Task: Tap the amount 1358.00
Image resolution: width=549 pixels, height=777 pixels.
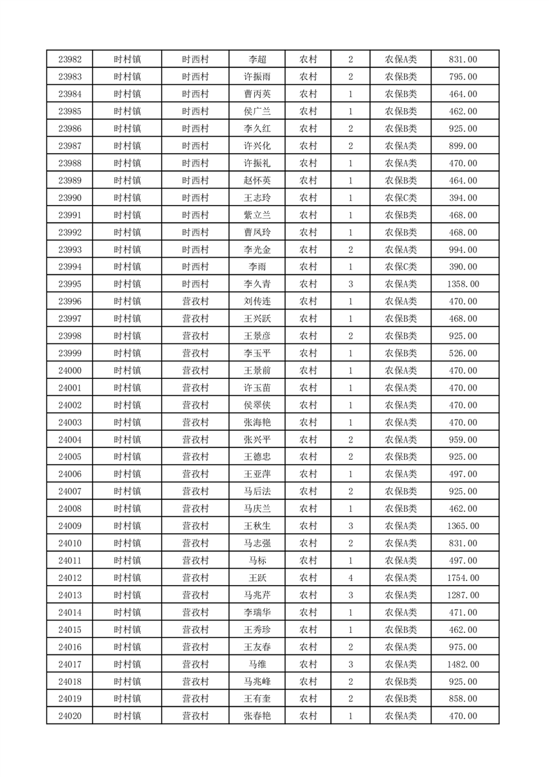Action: [x=462, y=284]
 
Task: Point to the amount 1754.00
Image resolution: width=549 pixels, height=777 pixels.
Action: [x=462, y=578]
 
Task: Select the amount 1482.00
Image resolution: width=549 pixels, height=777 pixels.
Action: [x=462, y=664]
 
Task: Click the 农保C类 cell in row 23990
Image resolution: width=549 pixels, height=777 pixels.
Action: [x=400, y=198]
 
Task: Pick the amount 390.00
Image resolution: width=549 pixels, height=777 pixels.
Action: [x=462, y=267]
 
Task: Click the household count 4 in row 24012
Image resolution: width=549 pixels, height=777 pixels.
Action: [x=351, y=578]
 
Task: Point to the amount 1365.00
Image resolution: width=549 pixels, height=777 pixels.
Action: [x=462, y=526]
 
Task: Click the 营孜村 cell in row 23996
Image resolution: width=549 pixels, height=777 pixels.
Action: [x=195, y=301]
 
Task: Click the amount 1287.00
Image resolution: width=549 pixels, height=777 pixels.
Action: [x=462, y=595]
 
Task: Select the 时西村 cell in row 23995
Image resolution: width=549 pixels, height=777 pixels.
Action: [x=195, y=284]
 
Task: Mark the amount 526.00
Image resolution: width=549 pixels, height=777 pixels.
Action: [x=462, y=353]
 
